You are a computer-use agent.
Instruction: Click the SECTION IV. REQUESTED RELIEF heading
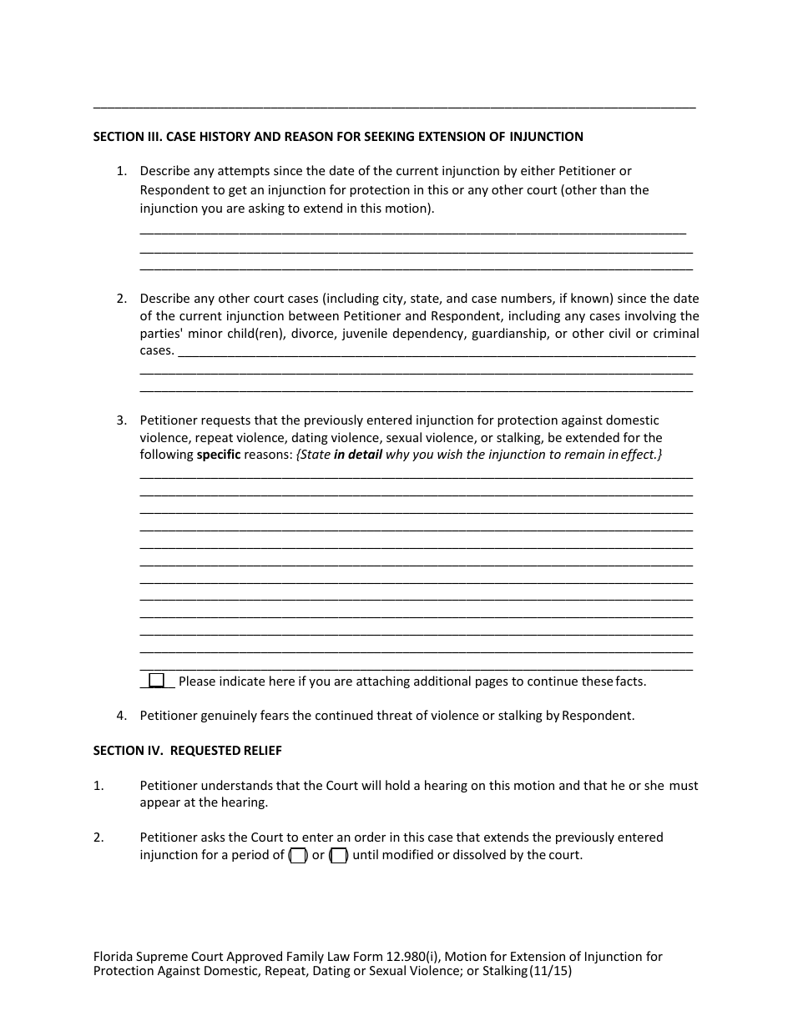coord(187,751)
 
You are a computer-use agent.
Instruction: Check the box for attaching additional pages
coord(156,681)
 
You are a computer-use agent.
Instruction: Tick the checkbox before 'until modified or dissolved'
coord(338,855)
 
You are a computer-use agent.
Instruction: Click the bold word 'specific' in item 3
coord(219,455)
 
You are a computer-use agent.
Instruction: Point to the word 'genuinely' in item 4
coord(227,716)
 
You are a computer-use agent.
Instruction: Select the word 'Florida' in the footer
coord(114,957)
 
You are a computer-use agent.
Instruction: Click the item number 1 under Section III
coord(121,172)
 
